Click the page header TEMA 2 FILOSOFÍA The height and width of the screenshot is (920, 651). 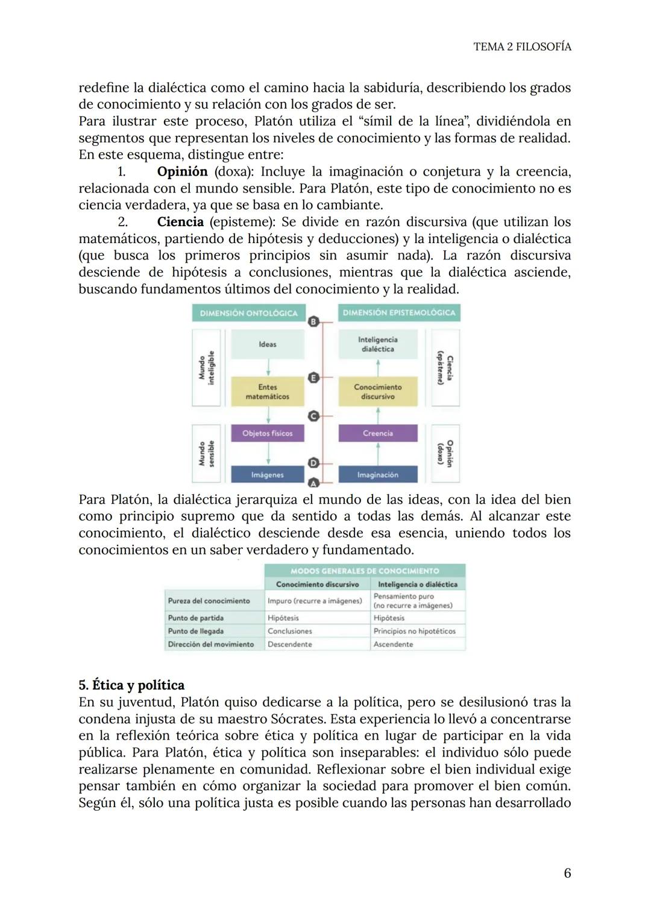[522, 46]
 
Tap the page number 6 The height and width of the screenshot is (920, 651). [567, 873]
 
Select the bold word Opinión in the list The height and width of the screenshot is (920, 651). [182, 171]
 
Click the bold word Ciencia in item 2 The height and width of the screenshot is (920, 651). [180, 222]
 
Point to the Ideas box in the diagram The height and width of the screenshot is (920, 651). [268, 344]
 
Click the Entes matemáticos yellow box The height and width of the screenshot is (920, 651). [268, 392]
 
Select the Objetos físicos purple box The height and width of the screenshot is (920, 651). [268, 433]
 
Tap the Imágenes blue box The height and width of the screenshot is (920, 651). [268, 475]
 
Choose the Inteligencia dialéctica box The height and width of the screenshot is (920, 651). [378, 344]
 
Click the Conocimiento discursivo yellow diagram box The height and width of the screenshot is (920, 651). [378, 392]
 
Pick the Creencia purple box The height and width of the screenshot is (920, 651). [378, 433]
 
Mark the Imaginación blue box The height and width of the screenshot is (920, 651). [378, 475]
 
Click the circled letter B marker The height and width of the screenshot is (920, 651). [313, 322]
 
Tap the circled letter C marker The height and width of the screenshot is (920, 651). [313, 416]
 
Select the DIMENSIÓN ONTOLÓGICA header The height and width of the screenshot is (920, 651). [248, 313]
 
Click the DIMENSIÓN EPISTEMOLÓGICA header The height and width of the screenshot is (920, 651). [399, 312]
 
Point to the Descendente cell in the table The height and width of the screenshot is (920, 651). [290, 644]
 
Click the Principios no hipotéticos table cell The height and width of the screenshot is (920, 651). [415, 631]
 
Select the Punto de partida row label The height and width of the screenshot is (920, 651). [196, 618]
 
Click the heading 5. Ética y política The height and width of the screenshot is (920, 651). [131, 685]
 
